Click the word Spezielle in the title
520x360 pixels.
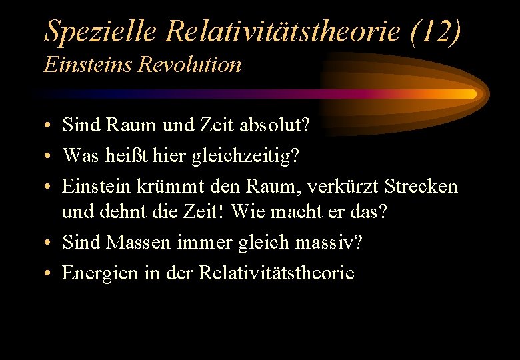pos(100,32)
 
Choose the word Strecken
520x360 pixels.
pos(421,186)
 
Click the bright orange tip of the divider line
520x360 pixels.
pos(469,94)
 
